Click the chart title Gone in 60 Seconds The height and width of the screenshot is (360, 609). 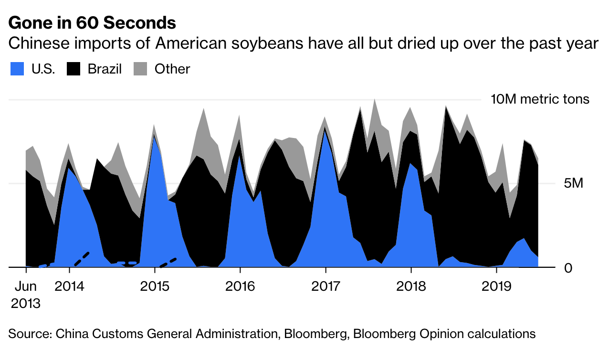(92, 22)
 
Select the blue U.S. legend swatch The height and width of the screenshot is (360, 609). (17, 69)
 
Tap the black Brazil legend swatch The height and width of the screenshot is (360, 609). (73, 69)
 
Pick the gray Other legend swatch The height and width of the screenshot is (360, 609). (140, 69)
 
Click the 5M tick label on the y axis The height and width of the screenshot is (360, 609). (571, 183)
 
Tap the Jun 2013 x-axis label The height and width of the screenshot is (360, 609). (25, 295)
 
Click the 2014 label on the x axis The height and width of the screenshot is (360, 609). (69, 286)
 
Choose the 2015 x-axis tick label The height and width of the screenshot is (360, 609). (155, 286)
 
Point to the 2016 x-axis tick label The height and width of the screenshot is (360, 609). (240, 286)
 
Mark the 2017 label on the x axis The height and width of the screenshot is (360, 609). (325, 286)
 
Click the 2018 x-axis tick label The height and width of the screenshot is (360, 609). (411, 286)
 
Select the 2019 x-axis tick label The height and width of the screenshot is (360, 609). (496, 286)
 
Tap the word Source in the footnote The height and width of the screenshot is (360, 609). (29, 333)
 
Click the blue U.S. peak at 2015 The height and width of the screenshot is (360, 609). (154, 138)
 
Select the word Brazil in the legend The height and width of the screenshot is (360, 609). (105, 69)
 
